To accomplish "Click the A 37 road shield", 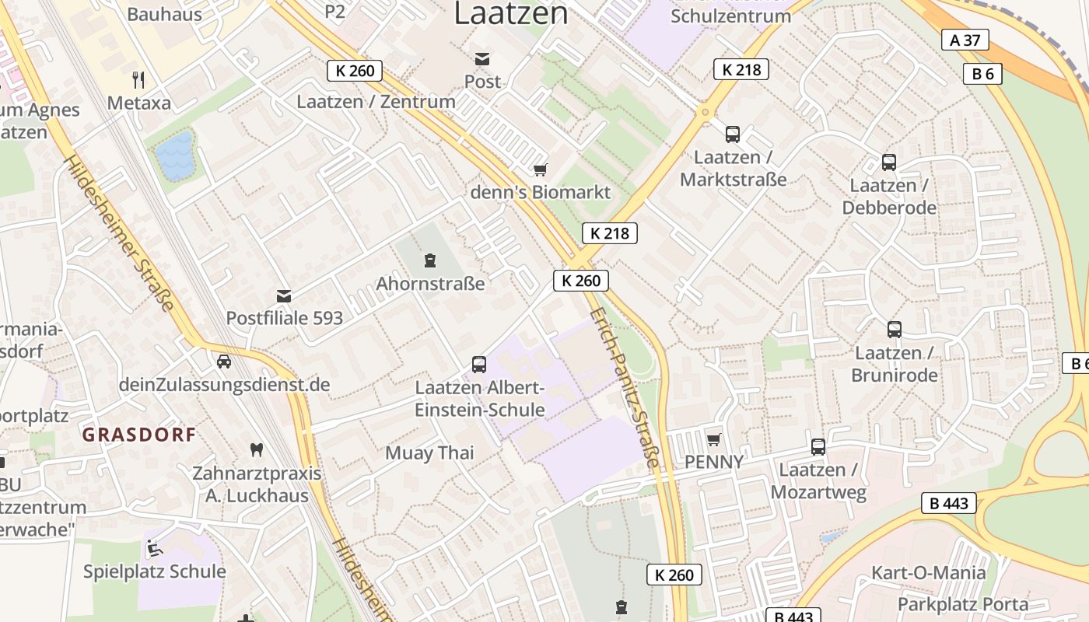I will [x=965, y=40].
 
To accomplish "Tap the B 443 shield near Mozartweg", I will [x=949, y=503].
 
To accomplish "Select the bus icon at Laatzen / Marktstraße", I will [x=733, y=135].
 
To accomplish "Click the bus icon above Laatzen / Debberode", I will [x=889, y=162].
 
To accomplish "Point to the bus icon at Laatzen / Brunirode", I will [x=895, y=330].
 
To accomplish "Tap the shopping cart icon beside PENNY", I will [x=713, y=439].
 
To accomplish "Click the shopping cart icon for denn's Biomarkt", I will [x=541, y=169].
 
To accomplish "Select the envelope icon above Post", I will [x=482, y=59].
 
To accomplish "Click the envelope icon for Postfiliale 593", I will [x=284, y=296].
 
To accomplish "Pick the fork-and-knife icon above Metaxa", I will [x=138, y=79].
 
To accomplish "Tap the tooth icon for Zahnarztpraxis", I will [x=256, y=449].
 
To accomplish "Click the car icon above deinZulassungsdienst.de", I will [x=224, y=362].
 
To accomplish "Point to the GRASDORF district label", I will [x=139, y=435].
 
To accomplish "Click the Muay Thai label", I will [x=429, y=453].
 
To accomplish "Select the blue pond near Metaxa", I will [x=174, y=155].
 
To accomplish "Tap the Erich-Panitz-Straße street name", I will [x=625, y=387].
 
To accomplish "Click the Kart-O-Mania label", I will [x=928, y=573].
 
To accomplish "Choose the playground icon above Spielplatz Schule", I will [x=154, y=548].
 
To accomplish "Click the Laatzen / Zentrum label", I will [x=376, y=101].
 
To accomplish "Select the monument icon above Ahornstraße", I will [x=429, y=260].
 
